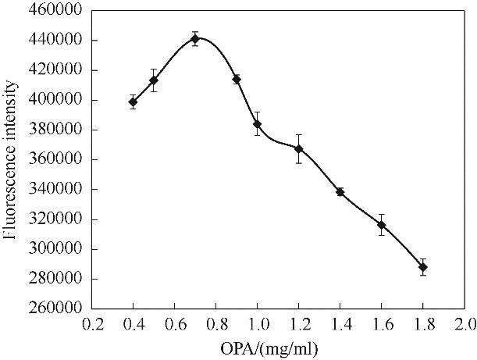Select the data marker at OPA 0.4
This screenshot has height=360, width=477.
coord(133,102)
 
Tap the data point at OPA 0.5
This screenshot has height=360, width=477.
coord(154,80)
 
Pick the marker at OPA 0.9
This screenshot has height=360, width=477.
coord(237,79)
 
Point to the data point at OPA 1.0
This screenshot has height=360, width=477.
coord(257,124)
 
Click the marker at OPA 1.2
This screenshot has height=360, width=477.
coord(298,148)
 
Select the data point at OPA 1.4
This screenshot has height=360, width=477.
coord(340,191)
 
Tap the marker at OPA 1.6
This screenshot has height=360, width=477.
coord(381,225)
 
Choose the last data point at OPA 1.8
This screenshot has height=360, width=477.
coord(422,267)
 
